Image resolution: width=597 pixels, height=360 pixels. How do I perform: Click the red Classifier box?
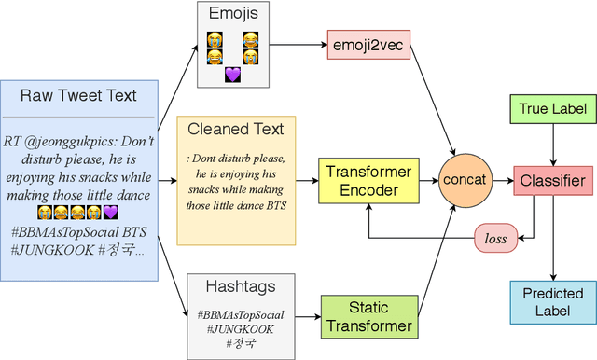[551, 180]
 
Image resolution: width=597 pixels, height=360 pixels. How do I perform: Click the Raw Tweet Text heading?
[78, 95]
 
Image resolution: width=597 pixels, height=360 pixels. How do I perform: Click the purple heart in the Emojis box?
[232, 75]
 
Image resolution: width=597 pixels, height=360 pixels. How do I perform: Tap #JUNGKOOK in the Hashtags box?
[243, 329]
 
